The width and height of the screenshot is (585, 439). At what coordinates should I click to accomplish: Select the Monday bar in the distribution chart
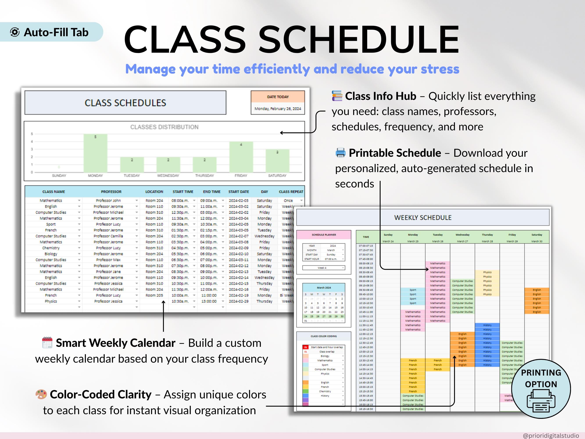click(95, 153)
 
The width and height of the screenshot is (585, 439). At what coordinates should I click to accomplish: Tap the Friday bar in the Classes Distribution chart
click(241, 157)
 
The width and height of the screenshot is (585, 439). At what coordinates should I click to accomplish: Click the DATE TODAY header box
click(278, 97)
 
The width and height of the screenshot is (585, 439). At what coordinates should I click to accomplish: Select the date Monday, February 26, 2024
click(278, 109)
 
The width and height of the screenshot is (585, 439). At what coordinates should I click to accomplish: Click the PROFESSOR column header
click(111, 192)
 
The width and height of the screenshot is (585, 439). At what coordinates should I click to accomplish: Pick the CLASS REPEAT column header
click(291, 192)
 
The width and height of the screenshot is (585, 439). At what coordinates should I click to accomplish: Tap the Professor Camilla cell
click(108, 236)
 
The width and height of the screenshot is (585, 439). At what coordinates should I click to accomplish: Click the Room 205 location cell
click(154, 295)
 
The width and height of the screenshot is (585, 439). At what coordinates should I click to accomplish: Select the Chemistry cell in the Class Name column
click(51, 248)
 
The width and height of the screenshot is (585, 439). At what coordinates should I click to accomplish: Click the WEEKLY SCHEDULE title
click(423, 218)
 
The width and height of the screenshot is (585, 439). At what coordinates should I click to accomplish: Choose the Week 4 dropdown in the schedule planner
click(324, 268)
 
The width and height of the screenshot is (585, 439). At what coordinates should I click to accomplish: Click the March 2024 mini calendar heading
click(324, 288)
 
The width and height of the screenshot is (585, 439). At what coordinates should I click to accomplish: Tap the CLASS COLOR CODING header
click(324, 336)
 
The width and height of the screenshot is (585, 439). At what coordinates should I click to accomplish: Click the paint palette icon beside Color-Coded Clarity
click(41, 394)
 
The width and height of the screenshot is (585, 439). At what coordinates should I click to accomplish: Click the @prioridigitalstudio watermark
click(551, 435)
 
